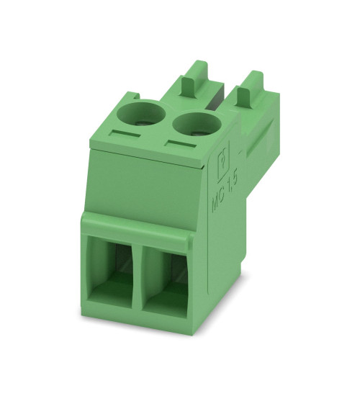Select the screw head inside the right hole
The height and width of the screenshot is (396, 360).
tap(194, 124)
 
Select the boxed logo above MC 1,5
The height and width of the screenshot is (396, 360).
tap(224, 158)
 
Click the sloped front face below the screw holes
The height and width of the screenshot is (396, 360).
tap(144, 184)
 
